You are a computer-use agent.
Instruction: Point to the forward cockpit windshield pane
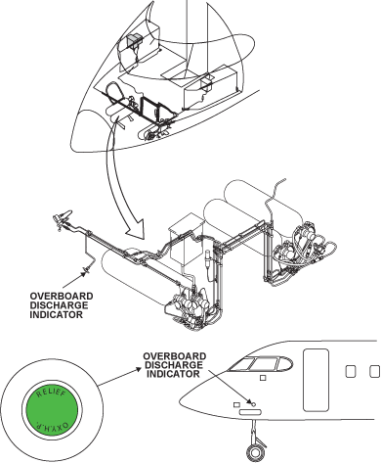tap(238, 368)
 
